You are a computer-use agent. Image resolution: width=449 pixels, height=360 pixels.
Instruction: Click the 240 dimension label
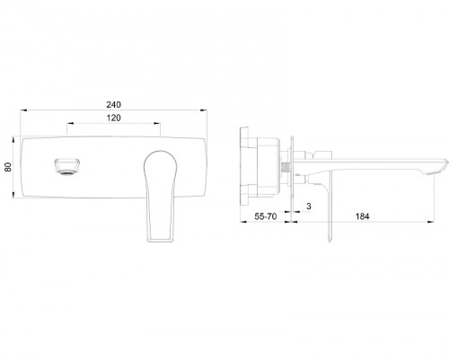[x=114, y=104]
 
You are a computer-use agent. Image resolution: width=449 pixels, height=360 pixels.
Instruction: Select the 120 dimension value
[x=114, y=118]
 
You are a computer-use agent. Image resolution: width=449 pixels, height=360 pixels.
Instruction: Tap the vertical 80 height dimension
[x=8, y=167]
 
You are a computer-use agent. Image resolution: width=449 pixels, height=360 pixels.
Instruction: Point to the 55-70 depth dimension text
[x=266, y=216]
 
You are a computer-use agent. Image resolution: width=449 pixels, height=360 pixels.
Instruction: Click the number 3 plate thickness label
[x=309, y=206]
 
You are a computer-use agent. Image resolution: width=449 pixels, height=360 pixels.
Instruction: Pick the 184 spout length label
[x=362, y=216]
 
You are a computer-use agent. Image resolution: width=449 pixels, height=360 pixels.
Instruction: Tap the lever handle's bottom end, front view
[x=160, y=239]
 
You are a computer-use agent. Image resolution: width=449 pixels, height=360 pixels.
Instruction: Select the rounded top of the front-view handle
[x=161, y=153]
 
